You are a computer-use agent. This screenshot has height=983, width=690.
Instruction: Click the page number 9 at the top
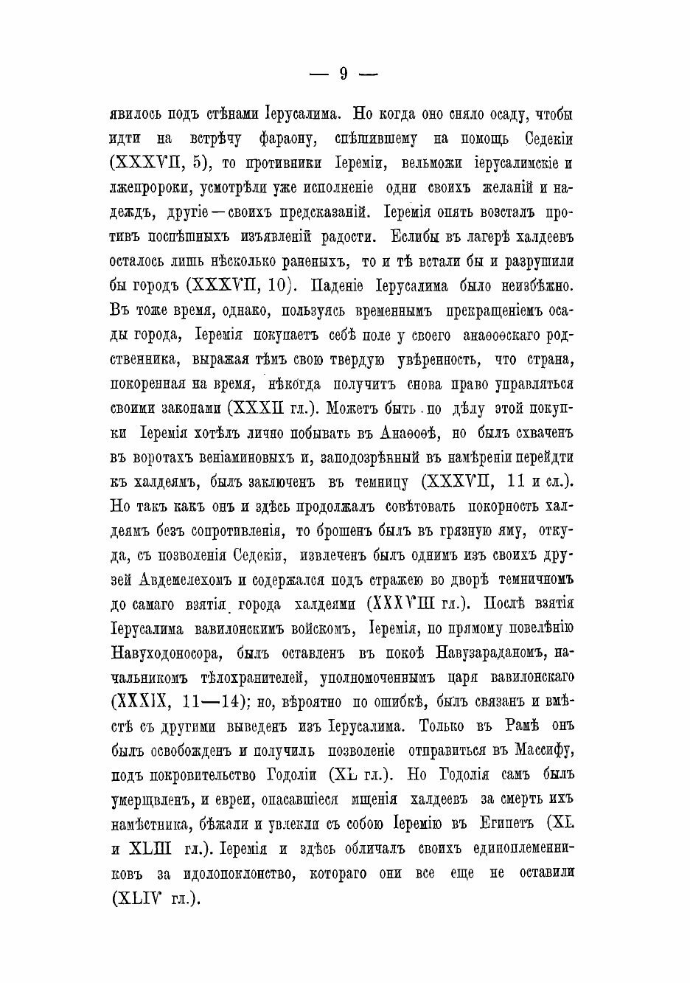(x=344, y=73)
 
